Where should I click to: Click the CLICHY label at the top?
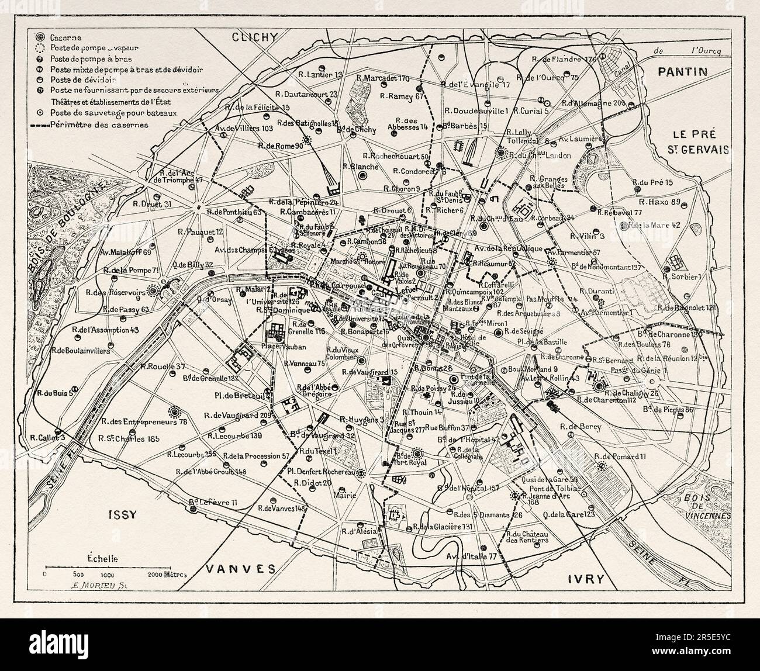(253, 37)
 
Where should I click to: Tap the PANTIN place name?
(683, 72)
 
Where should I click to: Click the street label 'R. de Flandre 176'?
(564, 59)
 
